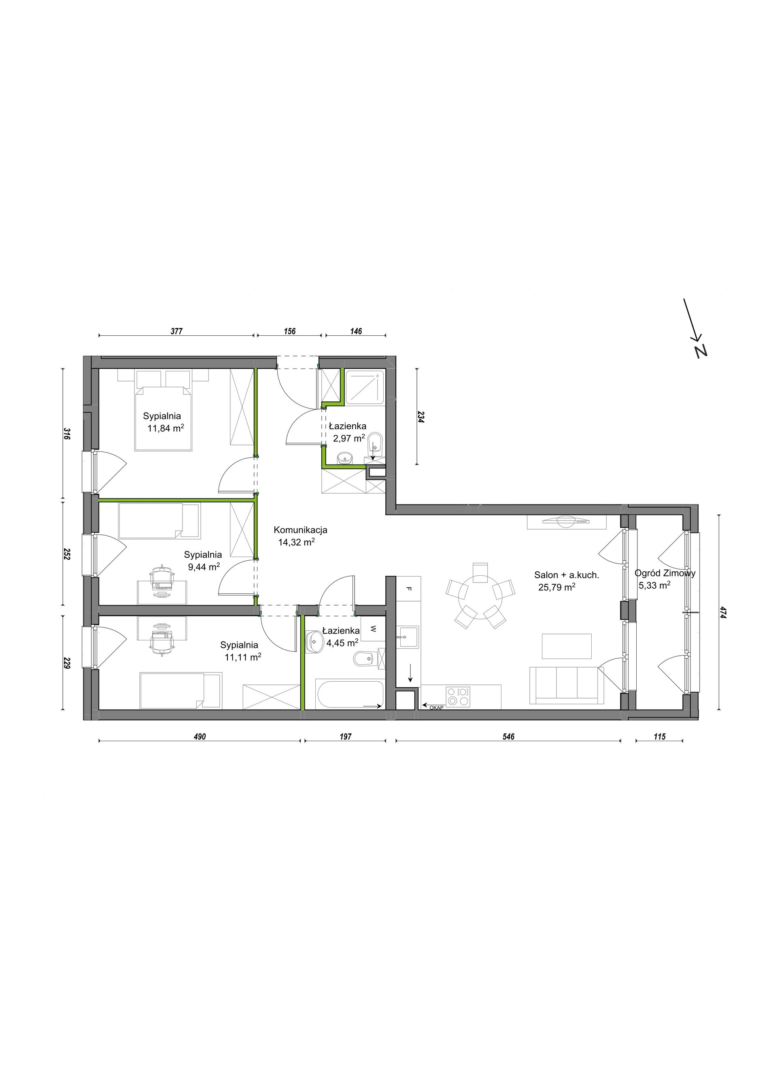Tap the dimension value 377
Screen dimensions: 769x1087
(176, 331)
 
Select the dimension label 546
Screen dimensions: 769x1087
(508, 737)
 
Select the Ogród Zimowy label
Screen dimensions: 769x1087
(665, 573)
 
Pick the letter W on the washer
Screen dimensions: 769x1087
(373, 629)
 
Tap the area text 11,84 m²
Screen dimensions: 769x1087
(166, 428)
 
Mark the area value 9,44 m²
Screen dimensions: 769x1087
(204, 566)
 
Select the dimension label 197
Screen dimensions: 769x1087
(345, 737)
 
